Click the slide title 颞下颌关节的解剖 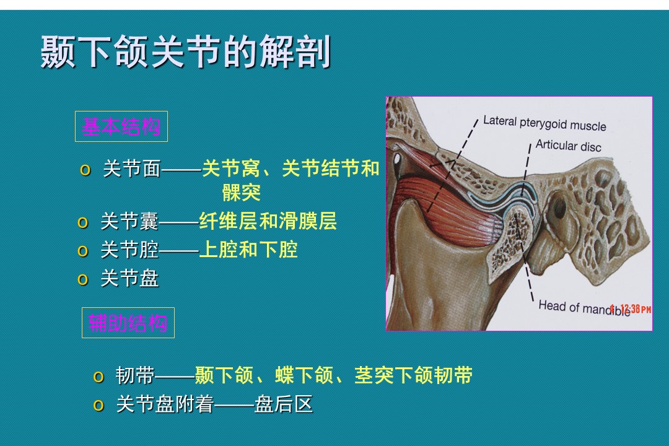(x=186, y=52)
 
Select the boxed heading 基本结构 (x=121, y=126)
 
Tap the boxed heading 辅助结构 (x=128, y=323)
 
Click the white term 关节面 (x=132, y=168)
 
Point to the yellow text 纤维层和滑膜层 (x=268, y=221)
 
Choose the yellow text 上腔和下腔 (x=248, y=250)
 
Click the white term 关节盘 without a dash (x=129, y=279)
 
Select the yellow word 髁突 (x=242, y=193)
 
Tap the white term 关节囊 (x=129, y=222)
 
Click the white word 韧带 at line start (x=135, y=375)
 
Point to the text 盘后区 (x=284, y=404)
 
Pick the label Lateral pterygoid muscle (x=544, y=123)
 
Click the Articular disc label (x=568, y=146)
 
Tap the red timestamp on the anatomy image (x=631, y=308)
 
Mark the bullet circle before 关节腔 (x=83, y=251)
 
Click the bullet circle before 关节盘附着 (x=98, y=406)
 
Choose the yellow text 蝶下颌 (x=304, y=375)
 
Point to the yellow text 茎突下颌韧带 (x=413, y=375)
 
